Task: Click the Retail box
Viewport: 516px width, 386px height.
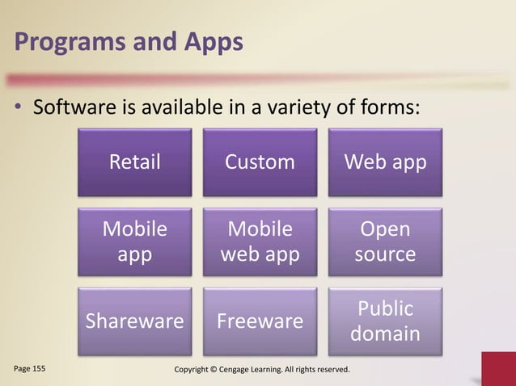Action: pyautogui.click(x=135, y=162)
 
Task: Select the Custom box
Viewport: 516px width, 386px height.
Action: pyautogui.click(x=260, y=162)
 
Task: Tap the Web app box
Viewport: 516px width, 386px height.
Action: pyautogui.click(x=385, y=162)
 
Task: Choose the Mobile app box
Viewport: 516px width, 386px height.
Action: pyautogui.click(x=135, y=241)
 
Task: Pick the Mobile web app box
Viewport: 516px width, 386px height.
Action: pyautogui.click(x=260, y=241)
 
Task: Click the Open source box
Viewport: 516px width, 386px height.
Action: pyautogui.click(x=385, y=241)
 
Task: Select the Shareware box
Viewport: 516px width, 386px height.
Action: pyautogui.click(x=135, y=321)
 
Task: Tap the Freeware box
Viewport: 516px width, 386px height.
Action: pyautogui.click(x=260, y=321)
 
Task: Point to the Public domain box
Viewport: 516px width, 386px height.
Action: pyautogui.click(x=385, y=321)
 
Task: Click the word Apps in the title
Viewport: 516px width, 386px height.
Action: pyautogui.click(x=210, y=41)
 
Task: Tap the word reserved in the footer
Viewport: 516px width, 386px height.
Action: pyautogui.click(x=330, y=369)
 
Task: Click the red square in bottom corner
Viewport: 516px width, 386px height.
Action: pyautogui.click(x=498, y=370)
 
